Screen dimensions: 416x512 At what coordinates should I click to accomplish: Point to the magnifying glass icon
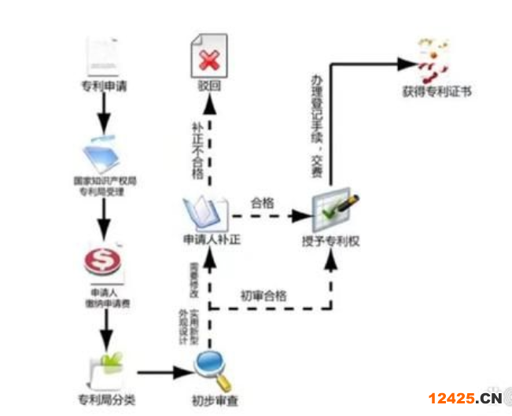[212, 370]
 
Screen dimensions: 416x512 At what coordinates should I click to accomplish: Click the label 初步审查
[213, 399]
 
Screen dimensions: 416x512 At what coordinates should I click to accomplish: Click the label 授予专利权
[330, 240]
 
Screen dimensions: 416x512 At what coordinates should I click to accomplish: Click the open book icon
[205, 211]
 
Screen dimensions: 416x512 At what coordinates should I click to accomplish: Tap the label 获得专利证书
[436, 92]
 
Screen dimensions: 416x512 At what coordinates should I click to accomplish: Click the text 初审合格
[263, 296]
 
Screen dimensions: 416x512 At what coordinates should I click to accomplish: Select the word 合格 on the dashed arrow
[262, 202]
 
